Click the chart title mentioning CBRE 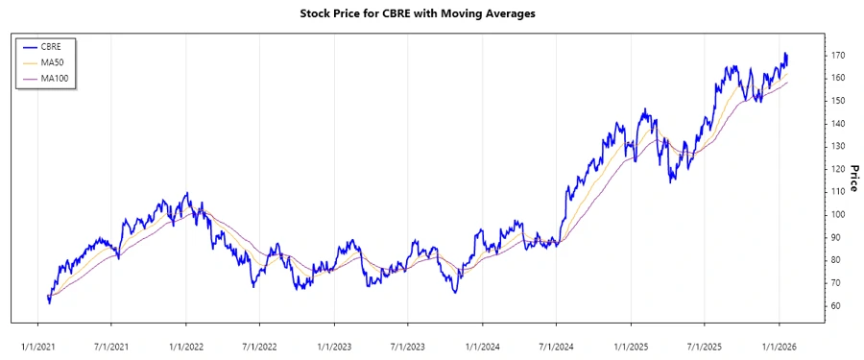[x=432, y=14]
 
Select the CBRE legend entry [x=51, y=45]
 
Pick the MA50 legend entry [x=52, y=61]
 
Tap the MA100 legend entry [x=54, y=78]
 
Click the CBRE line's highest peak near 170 [x=785, y=54]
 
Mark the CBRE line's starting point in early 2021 [x=48, y=300]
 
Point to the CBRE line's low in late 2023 [x=454, y=292]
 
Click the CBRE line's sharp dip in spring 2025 [x=671, y=180]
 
